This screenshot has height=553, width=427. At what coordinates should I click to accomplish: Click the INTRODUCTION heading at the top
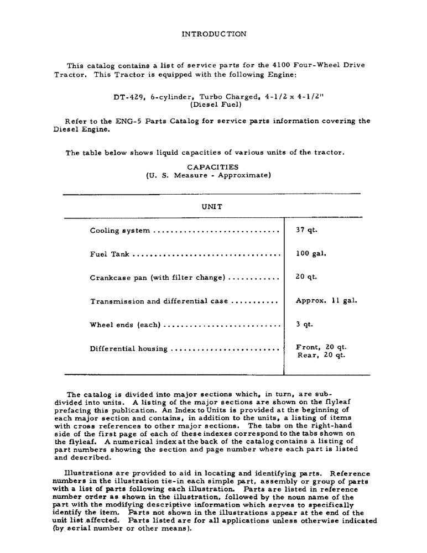[x=213, y=34]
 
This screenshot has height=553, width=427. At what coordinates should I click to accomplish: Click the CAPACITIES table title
[x=212, y=166]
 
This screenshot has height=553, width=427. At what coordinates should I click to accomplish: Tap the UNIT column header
[x=212, y=206]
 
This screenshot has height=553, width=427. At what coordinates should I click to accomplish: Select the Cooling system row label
[x=119, y=231]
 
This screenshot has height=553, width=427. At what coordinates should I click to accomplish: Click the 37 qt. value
[x=306, y=230]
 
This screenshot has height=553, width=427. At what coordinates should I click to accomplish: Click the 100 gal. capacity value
[x=311, y=254]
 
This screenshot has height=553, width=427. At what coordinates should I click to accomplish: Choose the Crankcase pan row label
[x=157, y=278]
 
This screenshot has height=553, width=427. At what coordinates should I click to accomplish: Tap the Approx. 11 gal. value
[x=326, y=301]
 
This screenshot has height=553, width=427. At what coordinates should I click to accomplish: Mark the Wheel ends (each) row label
[x=124, y=325]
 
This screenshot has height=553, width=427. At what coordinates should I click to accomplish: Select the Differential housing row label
[x=128, y=348]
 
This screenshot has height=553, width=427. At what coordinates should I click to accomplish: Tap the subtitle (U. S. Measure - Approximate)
[x=208, y=175]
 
